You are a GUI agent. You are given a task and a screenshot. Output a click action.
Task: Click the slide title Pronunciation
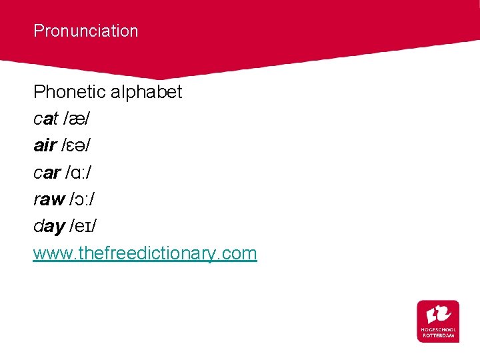pyautogui.click(x=86, y=31)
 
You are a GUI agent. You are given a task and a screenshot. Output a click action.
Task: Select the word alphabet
pyautogui.click(x=147, y=91)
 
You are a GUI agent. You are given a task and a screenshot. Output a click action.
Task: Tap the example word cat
pyautogui.click(x=45, y=119)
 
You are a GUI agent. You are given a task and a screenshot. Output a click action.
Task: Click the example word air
pyautogui.click(x=45, y=146)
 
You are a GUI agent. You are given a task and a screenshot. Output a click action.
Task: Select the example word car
pyautogui.click(x=47, y=173)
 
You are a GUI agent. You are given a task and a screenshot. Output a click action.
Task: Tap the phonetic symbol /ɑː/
pyautogui.click(x=79, y=173)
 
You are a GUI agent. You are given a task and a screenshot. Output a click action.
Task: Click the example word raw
pyautogui.click(x=49, y=199)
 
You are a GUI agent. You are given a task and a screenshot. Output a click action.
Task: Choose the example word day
pyautogui.click(x=49, y=227)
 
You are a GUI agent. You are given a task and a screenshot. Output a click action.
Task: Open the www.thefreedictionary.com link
pyautogui.click(x=145, y=253)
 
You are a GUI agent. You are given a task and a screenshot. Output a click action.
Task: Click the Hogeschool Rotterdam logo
pyautogui.click(x=438, y=321)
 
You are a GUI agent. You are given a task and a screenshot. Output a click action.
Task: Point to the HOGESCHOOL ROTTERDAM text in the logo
pyautogui.click(x=438, y=333)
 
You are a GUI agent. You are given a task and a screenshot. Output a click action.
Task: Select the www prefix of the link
pyautogui.click(x=49, y=253)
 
